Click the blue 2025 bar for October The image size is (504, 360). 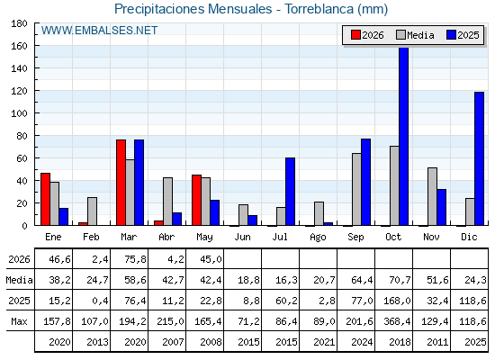pos(404,136)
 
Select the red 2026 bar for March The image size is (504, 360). pos(121,183)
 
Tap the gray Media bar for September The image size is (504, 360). pos(356,189)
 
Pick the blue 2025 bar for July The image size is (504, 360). pos(290,192)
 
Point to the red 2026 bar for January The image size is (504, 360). pos(45,199)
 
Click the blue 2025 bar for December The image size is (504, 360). pos(479,158)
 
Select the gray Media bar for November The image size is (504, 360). pos(432,196)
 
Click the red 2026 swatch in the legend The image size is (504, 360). pos(355,35)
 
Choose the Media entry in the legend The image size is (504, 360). pos(415,35)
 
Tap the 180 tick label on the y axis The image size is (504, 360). pos(19,23)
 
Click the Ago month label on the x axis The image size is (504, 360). pos(318,238)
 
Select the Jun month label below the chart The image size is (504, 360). pos(242,237)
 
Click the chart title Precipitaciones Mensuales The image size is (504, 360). pos(193,9)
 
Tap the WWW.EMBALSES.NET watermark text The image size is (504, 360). pos(99,31)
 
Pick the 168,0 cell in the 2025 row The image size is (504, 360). pos(397,301)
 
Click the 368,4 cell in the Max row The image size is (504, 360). pos(397,321)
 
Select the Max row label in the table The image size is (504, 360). pos(19,321)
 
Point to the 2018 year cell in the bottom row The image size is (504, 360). pos(400,342)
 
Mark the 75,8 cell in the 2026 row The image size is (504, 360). pos(135,259)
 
